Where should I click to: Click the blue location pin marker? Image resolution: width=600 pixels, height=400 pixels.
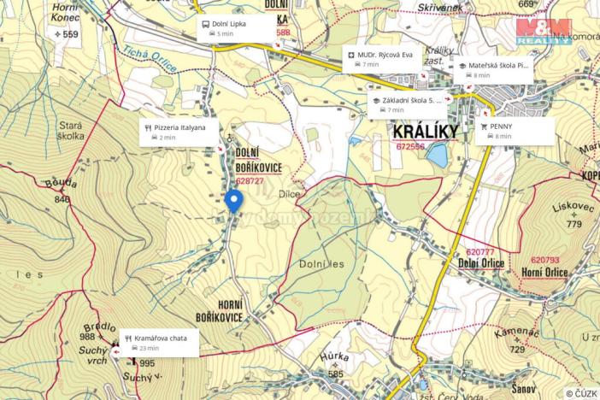[234, 201]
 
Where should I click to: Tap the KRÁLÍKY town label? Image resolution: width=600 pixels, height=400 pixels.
[425, 132]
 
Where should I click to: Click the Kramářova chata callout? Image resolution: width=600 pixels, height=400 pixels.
[160, 343]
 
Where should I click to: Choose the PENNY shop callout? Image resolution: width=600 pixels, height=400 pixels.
[515, 131]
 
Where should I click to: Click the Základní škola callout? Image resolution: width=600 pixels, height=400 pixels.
[409, 104]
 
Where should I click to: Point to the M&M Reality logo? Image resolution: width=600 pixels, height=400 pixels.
[544, 32]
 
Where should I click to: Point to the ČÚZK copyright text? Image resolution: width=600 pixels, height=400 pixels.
[580, 393]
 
